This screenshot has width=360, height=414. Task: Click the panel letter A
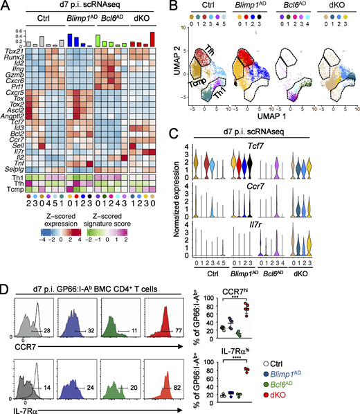[x=6, y=7]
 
